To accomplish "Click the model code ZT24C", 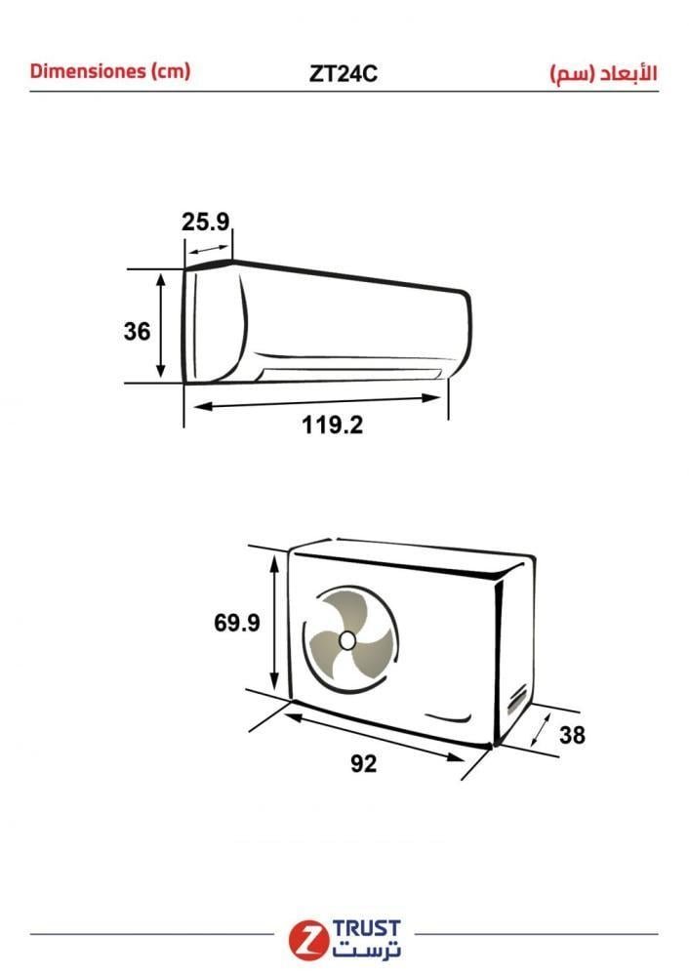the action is tap(343, 74).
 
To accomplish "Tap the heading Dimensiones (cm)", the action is tap(109, 71).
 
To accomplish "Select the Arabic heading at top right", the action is tap(603, 73).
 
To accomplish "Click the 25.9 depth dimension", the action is tap(205, 222).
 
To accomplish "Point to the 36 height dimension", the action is tap(137, 331).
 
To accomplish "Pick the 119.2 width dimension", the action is tap(332, 426).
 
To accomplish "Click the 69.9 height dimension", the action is tap(236, 623).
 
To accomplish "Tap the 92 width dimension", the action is tap(363, 763).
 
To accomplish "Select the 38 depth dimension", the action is tap(572, 735).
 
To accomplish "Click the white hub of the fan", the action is tap(347, 640).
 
